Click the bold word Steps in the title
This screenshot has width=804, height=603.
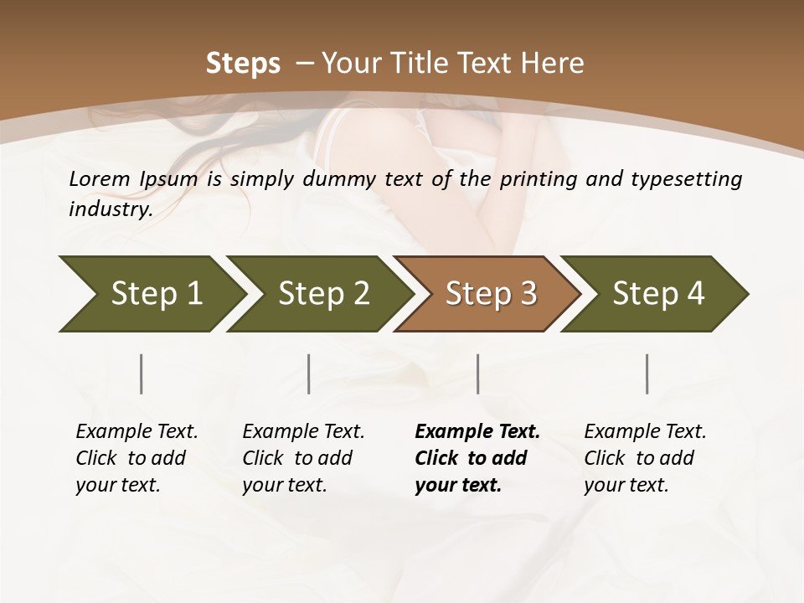pyautogui.click(x=243, y=64)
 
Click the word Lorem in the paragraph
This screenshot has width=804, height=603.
pyautogui.click(x=99, y=178)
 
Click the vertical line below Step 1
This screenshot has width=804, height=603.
pyautogui.click(x=142, y=374)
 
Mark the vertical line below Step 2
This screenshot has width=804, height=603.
pyautogui.click(x=309, y=374)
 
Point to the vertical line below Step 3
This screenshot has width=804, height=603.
pyautogui.click(x=477, y=374)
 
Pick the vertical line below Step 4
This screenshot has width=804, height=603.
pyautogui.click(x=647, y=374)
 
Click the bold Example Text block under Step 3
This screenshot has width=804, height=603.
pyautogui.click(x=477, y=458)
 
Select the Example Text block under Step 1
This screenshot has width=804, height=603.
pyautogui.click(x=137, y=458)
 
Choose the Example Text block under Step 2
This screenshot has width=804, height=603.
pyautogui.click(x=303, y=458)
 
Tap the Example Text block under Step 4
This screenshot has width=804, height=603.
pyautogui.click(x=645, y=458)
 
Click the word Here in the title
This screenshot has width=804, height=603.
pyautogui.click(x=554, y=64)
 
